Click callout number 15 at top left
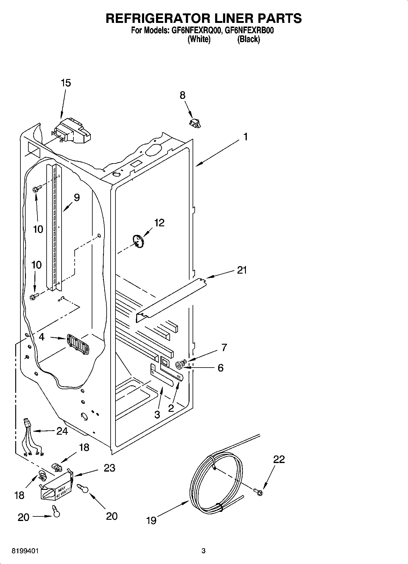[66, 83]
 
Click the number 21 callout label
[242, 270]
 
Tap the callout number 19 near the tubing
[151, 520]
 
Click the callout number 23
[109, 468]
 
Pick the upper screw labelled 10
[35, 189]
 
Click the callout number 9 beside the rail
[76, 198]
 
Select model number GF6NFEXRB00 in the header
[250, 31]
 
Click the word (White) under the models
[199, 39]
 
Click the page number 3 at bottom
[204, 551]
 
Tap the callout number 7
[224, 347]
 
